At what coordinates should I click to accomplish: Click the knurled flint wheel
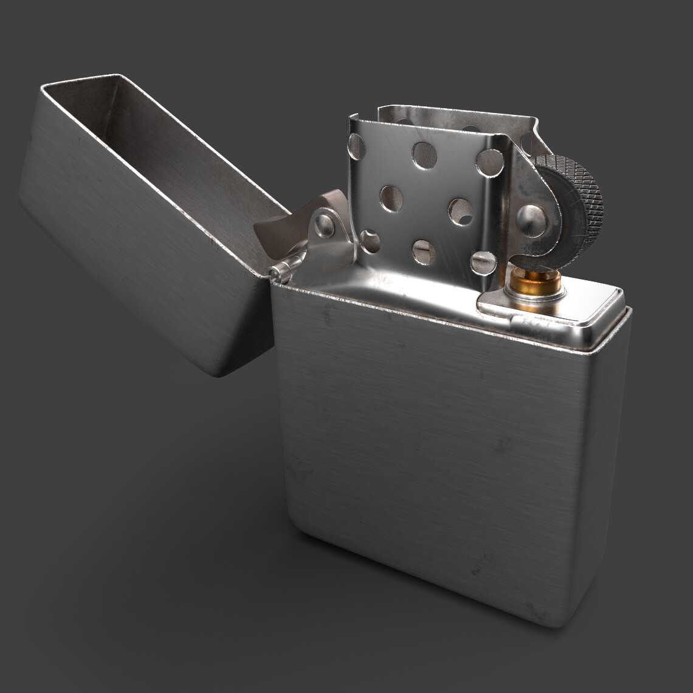577,201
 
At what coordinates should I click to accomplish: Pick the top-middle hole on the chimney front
424,156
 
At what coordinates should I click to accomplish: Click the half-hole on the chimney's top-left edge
356,146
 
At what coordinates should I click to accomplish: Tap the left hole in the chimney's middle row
391,198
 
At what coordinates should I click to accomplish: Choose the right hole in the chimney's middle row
460,210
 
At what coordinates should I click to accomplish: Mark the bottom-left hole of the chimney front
370,241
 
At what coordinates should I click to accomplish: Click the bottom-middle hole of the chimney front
423,252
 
